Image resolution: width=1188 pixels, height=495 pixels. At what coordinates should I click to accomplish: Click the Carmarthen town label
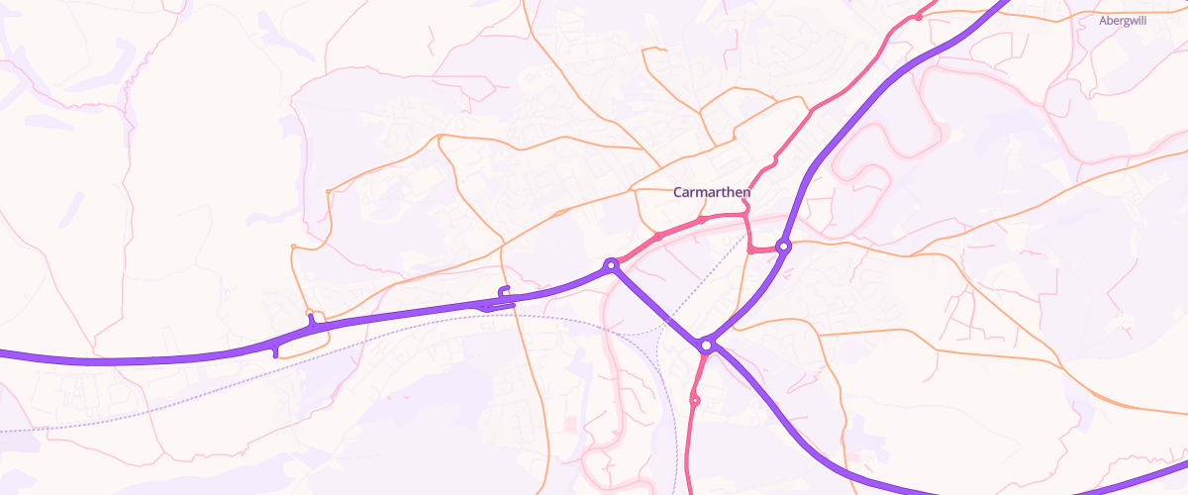pyautogui.click(x=712, y=192)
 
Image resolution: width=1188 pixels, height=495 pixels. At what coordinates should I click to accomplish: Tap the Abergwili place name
pyautogui.click(x=1123, y=20)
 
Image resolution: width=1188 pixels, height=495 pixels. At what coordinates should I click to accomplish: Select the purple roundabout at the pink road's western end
pyautogui.click(x=612, y=264)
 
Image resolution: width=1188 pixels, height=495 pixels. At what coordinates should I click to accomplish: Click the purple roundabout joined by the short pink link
pyautogui.click(x=783, y=246)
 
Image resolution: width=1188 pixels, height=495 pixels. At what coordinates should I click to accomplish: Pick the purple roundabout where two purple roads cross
pyautogui.click(x=706, y=346)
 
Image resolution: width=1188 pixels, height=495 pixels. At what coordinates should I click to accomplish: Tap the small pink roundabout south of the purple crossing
pyautogui.click(x=695, y=401)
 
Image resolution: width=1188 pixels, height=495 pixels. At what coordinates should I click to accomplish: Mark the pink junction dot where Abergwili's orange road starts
pyautogui.click(x=919, y=17)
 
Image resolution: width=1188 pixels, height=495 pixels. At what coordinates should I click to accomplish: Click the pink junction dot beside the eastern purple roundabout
pyautogui.click(x=752, y=250)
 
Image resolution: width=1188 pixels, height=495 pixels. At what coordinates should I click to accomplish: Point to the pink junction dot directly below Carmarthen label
pyautogui.click(x=701, y=220)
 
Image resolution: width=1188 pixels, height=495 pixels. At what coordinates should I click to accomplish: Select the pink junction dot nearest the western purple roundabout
pyautogui.click(x=657, y=237)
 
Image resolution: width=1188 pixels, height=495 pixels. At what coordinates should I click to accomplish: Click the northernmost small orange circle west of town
pyautogui.click(x=328, y=191)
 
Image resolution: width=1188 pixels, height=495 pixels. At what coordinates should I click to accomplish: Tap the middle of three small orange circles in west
pyautogui.click(x=293, y=246)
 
